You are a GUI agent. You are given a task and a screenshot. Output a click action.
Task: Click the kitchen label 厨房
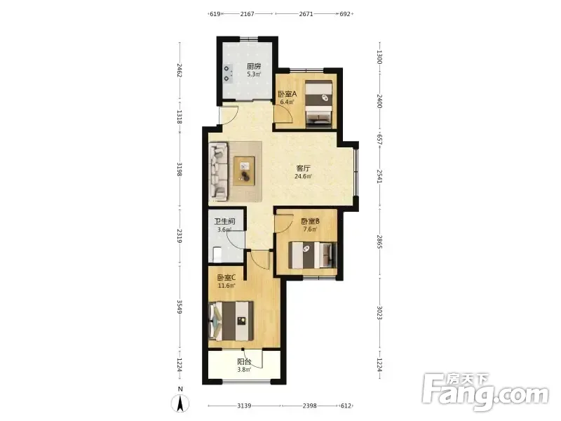(x=254, y=66)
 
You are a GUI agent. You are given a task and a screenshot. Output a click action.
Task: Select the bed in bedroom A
(x=319, y=103)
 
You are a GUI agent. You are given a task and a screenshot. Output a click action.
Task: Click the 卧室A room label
(x=288, y=94)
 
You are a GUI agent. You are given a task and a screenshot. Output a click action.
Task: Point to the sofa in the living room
(x=218, y=171)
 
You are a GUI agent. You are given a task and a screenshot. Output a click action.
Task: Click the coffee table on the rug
(x=244, y=171)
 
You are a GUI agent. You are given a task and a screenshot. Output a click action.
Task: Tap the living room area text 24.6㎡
(x=303, y=177)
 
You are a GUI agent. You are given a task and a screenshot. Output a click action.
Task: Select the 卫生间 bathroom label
(x=224, y=222)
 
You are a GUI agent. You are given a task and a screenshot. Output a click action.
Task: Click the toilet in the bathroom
(x=217, y=254)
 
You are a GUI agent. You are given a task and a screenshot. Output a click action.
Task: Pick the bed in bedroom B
(x=313, y=255)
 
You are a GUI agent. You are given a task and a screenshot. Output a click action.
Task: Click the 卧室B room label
(x=310, y=222)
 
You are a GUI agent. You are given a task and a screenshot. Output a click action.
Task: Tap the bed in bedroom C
(x=231, y=321)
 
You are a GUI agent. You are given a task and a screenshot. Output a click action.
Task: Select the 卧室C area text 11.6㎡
(x=227, y=286)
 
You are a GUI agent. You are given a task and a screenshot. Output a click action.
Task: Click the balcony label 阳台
(x=244, y=362)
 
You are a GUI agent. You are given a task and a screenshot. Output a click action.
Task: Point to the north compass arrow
(x=180, y=403)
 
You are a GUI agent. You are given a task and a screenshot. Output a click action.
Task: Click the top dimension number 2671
(x=306, y=14)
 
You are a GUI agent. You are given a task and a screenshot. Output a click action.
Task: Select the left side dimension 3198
(x=180, y=169)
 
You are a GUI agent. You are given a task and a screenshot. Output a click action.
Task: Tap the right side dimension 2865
(x=379, y=242)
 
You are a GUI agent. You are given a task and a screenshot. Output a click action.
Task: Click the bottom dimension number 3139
(x=244, y=406)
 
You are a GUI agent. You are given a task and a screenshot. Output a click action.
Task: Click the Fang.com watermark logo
(x=485, y=392)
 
